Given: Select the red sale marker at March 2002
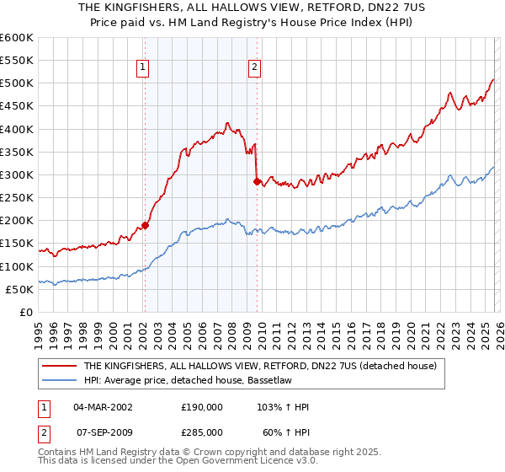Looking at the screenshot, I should [145, 225].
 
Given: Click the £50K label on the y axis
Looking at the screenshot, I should [19, 289].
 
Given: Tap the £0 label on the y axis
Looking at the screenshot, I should [26, 312].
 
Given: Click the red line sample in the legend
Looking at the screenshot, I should [60, 367].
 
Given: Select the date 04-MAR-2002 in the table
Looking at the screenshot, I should [104, 407].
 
